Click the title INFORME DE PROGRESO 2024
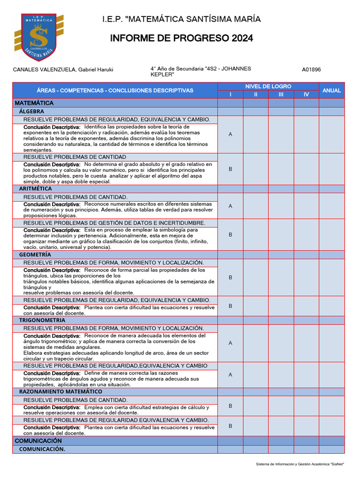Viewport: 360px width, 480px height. [181, 38]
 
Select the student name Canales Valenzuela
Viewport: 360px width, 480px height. [63, 70]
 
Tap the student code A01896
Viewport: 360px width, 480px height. [311, 70]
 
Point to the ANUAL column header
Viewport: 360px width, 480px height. [331, 90]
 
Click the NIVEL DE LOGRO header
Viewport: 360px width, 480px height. [268, 86]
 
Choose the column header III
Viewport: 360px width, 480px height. [281, 95]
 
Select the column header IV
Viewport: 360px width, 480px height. [306, 95]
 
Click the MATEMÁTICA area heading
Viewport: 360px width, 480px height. [34, 103]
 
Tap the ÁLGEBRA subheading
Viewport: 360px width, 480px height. [31, 112]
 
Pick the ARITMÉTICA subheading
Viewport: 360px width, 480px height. [35, 188]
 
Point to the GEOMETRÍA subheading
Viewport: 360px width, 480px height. [35, 255]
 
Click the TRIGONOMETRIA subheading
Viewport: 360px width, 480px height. [42, 320]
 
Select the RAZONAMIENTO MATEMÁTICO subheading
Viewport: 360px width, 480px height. [60, 391]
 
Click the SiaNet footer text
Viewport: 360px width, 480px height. [300, 464]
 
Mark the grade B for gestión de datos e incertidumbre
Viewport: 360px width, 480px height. [230, 235]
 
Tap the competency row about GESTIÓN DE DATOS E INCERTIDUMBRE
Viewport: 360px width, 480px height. [114, 223]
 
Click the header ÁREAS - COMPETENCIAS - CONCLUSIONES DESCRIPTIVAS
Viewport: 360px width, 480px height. [115, 90]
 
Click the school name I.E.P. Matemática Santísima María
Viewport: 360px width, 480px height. [181, 19]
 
